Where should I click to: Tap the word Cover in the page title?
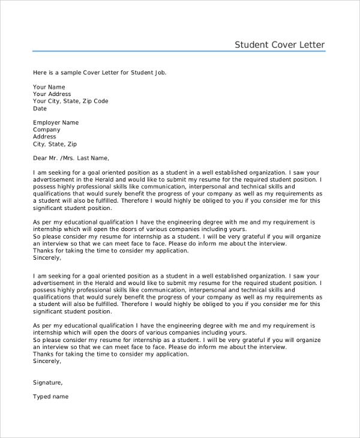coord(284,44)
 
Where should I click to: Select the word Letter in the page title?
coord(313,44)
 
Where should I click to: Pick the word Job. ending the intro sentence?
coord(159,73)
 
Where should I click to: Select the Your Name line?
coord(49,87)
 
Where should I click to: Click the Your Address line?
coord(52,94)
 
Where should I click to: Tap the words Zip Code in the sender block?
coord(95,101)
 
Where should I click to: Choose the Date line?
coord(40,109)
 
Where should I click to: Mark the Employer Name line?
coord(56,122)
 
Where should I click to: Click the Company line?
coord(47,130)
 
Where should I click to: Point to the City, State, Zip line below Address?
coord(55,144)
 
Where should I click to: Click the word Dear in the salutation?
coord(40,158)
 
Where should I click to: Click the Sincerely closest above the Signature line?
coord(47,361)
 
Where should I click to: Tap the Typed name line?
coord(51,397)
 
